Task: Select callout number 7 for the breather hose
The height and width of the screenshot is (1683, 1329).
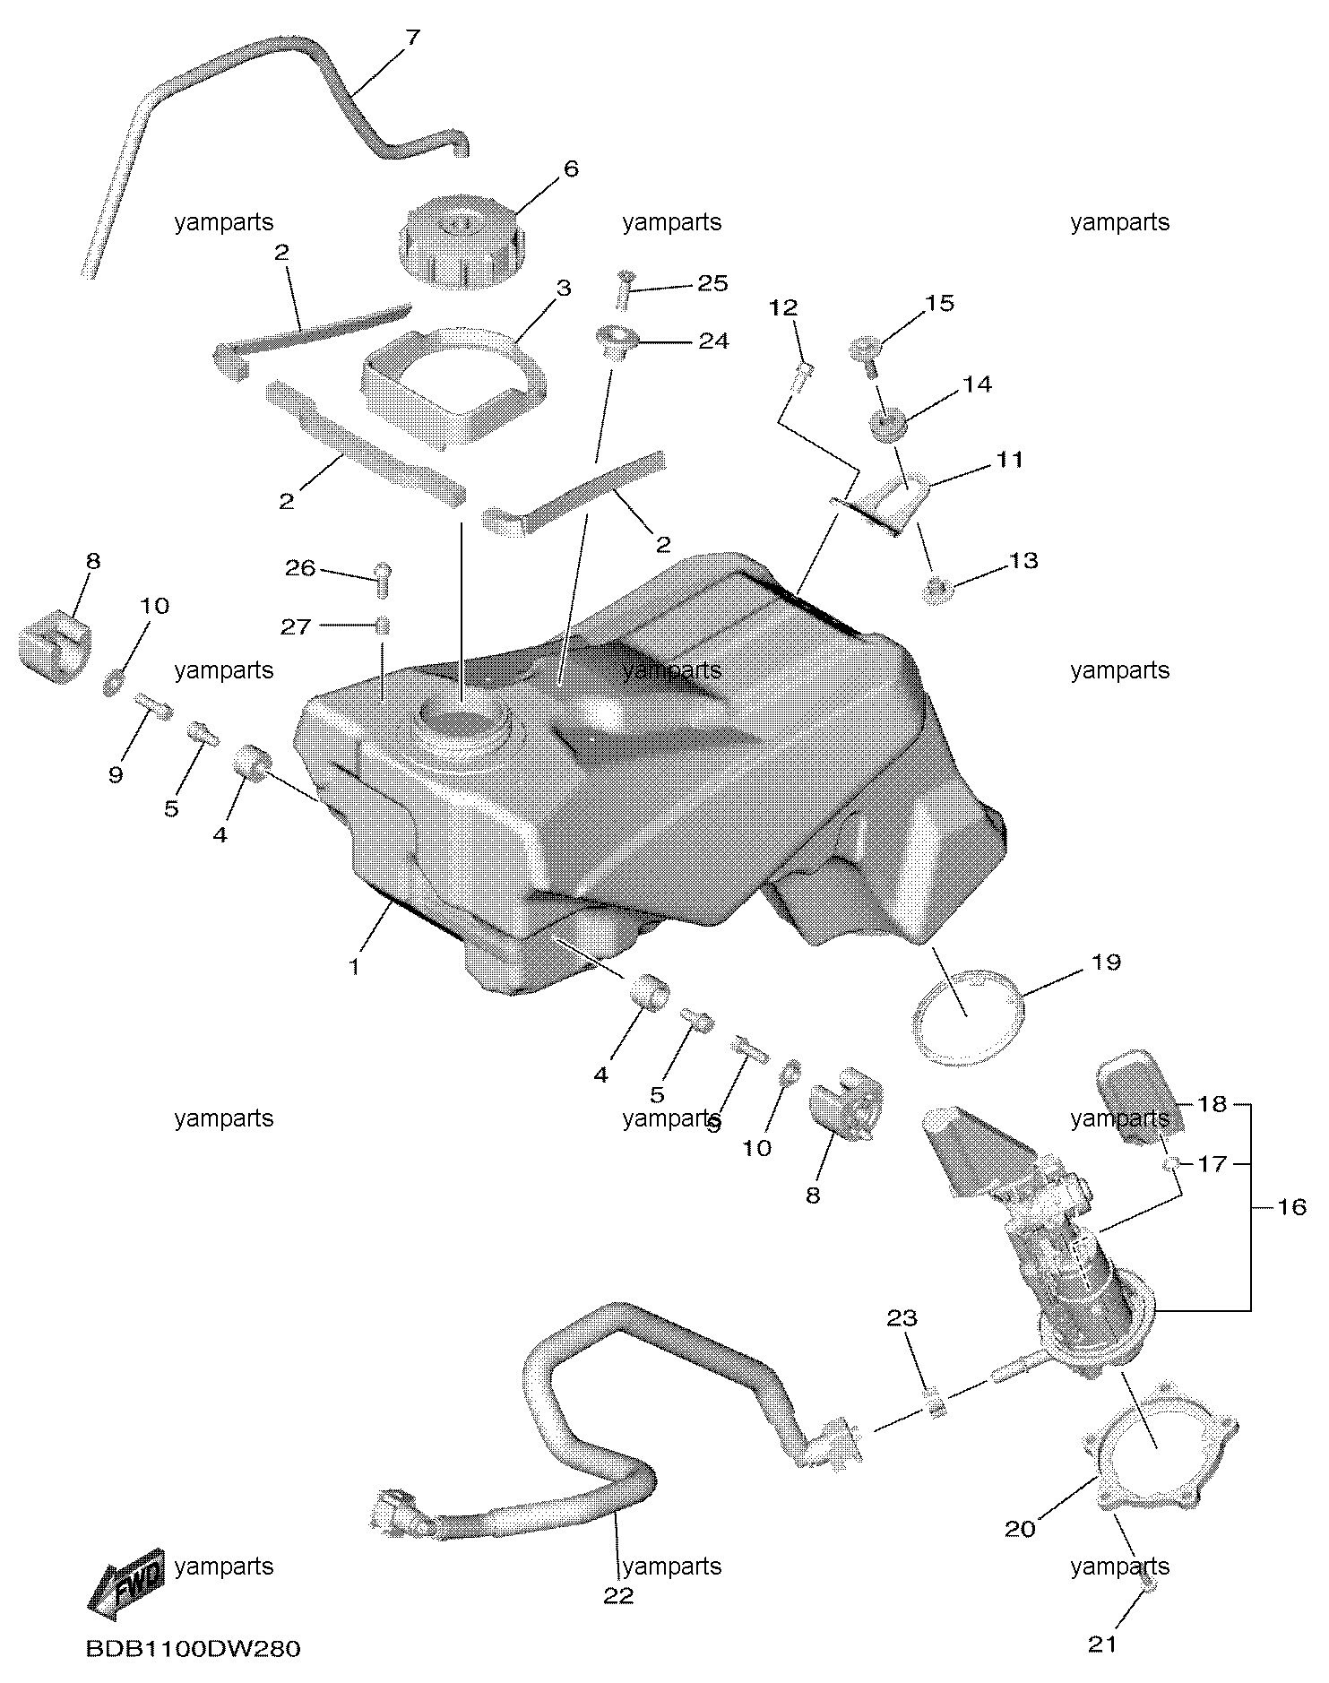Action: point(412,39)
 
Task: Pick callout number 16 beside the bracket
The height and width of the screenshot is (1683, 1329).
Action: point(1290,1207)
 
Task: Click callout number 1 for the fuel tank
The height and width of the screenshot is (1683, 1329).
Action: point(355,967)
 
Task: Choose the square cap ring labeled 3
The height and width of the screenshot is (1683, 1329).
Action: point(454,387)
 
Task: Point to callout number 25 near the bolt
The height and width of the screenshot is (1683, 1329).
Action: point(713,283)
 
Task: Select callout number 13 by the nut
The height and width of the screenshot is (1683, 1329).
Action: point(1023,560)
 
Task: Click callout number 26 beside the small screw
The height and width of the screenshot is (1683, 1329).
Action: point(300,568)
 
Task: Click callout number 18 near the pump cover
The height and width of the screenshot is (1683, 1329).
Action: point(1212,1104)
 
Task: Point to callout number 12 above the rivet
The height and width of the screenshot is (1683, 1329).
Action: point(783,307)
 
